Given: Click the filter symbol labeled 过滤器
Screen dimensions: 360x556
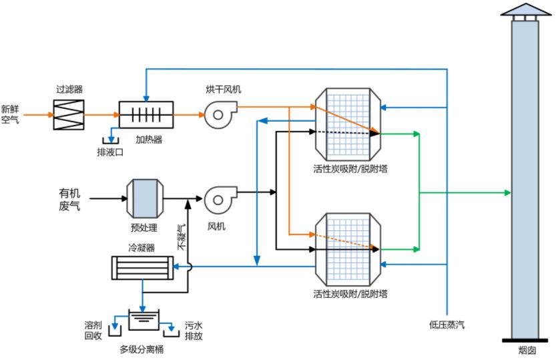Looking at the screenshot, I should (68, 114).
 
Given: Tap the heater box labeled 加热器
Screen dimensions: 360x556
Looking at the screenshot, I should (146, 114).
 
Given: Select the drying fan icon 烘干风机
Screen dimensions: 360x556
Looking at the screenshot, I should (218, 115).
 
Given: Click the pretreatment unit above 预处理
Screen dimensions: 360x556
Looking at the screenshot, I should (144, 198).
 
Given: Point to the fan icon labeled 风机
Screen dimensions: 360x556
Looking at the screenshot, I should (218, 198).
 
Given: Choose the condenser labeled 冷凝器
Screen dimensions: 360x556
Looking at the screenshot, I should (141, 268).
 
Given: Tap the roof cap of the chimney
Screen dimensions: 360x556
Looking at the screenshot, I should (525, 9).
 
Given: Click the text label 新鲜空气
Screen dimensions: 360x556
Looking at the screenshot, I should (10, 114).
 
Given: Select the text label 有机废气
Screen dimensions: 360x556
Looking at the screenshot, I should (69, 199).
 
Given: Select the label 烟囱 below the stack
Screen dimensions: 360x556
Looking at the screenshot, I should (527, 350).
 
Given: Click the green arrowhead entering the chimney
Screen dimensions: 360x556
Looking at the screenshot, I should (508, 192).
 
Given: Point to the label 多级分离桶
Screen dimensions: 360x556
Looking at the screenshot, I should (142, 349).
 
